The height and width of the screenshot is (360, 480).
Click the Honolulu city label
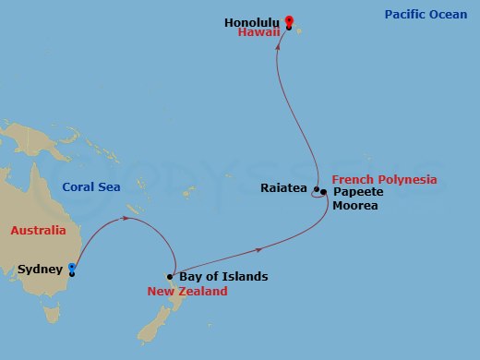251,20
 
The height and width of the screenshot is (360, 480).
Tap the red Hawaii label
258,32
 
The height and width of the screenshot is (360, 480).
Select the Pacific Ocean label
426,15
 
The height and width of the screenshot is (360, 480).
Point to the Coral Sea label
90,186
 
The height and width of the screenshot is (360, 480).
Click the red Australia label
38,230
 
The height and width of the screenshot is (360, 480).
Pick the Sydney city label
39,270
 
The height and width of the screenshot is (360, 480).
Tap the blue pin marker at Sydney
72,268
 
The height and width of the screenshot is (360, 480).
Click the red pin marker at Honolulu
289,21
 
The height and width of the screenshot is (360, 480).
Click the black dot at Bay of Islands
171,277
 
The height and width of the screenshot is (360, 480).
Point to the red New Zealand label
187,291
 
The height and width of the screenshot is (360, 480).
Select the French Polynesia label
384,178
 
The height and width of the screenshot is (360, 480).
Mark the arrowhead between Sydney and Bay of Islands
125,220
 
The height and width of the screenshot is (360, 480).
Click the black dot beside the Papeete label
324,192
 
